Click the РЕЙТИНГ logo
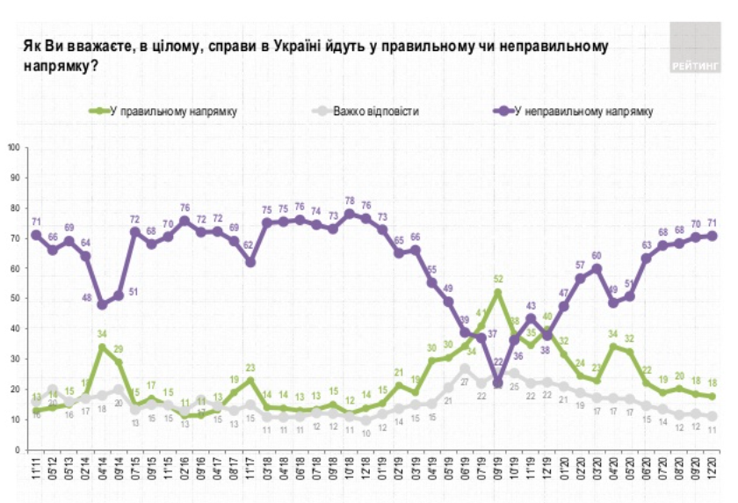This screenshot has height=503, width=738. point(694,49)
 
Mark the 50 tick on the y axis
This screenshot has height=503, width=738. point(15,299)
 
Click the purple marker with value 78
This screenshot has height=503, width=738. point(351,214)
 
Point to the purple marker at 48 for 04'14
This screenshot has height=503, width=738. point(103,304)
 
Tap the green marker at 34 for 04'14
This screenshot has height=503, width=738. point(103,346)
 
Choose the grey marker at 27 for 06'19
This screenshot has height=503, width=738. point(465,368)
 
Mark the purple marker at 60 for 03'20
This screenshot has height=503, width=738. point(597,268)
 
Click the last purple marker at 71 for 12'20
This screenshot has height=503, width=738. point(713,235)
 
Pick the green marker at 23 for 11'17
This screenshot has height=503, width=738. point(251,380)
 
